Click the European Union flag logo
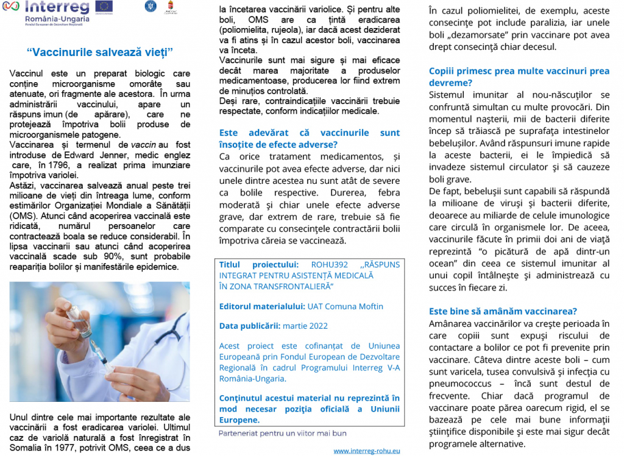(104, 7)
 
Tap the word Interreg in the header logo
(57, 7)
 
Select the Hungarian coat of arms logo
(171, 7)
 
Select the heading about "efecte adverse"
(310, 138)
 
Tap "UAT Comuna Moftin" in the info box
(346, 306)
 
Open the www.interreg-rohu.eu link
(367, 451)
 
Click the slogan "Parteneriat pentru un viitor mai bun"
(282, 433)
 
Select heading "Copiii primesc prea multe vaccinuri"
(519, 77)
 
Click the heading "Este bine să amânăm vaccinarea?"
(503, 310)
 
